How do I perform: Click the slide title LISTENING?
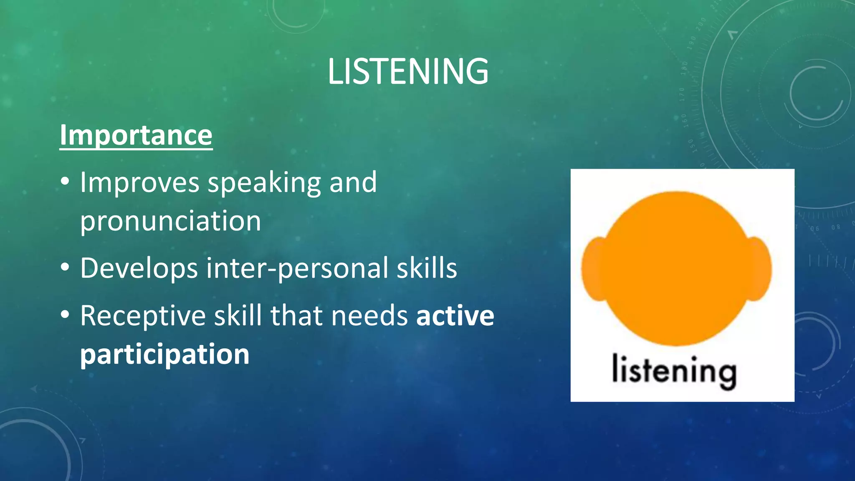click(x=408, y=72)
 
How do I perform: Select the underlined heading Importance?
click(x=136, y=135)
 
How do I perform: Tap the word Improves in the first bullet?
click(x=140, y=182)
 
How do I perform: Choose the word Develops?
click(x=139, y=268)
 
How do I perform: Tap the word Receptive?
click(x=143, y=316)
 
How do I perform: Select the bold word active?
click(x=455, y=316)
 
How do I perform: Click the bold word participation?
click(x=164, y=354)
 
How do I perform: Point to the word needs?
click(x=369, y=316)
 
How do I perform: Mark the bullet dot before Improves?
click(x=65, y=182)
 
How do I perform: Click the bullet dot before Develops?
click(x=65, y=267)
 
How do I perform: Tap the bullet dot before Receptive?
click(x=65, y=315)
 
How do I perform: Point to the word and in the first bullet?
click(x=353, y=182)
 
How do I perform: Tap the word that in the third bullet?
click(x=296, y=316)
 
